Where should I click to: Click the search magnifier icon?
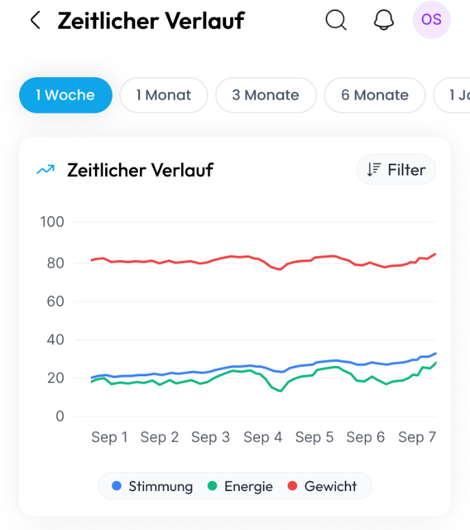[335, 20]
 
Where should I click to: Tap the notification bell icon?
[384, 20]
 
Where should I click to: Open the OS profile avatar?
[431, 20]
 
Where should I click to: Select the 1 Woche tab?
[66, 95]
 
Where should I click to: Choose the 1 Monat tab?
[164, 95]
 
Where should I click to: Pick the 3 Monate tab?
[266, 95]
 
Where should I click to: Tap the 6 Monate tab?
[374, 95]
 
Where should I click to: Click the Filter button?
[396, 170]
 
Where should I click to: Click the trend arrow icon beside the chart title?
[45, 170]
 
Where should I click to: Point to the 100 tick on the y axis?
[52, 222]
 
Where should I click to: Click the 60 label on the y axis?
[55, 301]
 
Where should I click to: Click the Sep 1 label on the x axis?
[109, 437]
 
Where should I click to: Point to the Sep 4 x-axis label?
[263, 437]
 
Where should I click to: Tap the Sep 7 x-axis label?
[417, 437]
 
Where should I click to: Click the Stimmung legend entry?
[153, 486]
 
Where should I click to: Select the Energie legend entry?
[240, 486]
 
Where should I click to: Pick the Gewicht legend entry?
[322, 486]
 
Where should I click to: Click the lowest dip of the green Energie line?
[280, 391]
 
